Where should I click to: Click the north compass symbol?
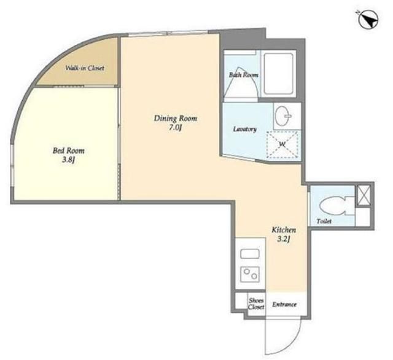tap(368, 19)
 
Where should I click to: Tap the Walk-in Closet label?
tap(85, 68)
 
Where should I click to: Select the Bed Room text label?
tap(68, 151)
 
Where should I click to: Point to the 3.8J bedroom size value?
tap(69, 160)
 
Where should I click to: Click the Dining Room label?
tap(176, 119)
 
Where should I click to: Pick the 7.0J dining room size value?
tap(175, 128)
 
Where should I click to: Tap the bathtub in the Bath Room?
tap(279, 74)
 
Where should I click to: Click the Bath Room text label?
tap(243, 75)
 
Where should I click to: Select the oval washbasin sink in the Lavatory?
tap(283, 116)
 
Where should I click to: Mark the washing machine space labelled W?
tap(282, 144)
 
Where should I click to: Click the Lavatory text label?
tap(245, 130)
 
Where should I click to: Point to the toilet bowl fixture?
tap(337, 206)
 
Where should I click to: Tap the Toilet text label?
tap(324, 221)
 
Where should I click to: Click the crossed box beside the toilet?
tap(364, 195)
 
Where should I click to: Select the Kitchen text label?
tap(284, 230)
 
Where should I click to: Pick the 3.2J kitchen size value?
tap(284, 240)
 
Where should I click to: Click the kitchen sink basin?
tap(250, 254)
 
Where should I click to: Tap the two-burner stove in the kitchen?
tap(250, 274)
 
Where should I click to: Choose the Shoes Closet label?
tap(256, 303)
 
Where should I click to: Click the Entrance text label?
tap(284, 304)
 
